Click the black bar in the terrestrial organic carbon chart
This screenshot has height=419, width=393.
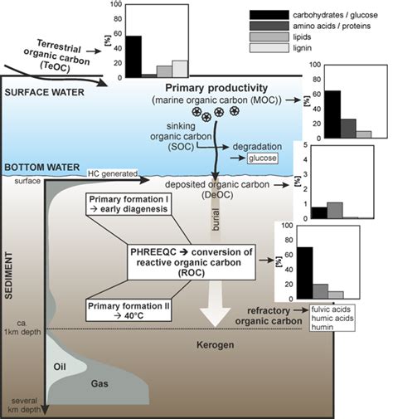point(133,56)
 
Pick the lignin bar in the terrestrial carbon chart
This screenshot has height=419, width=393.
point(179,68)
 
